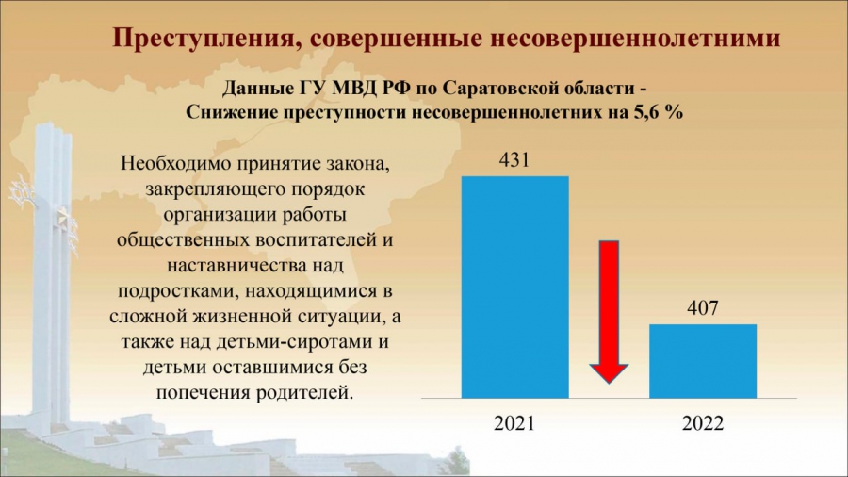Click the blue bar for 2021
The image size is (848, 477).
coord(514,288)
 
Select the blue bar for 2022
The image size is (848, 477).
coord(703,361)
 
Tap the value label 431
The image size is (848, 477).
coord(514,160)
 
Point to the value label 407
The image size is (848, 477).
coord(703,308)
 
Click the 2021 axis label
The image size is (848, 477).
coord(514,423)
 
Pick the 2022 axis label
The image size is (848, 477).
coord(703,423)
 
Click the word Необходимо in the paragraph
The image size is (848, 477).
coord(174,163)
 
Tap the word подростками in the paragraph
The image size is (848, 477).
coord(179,291)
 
